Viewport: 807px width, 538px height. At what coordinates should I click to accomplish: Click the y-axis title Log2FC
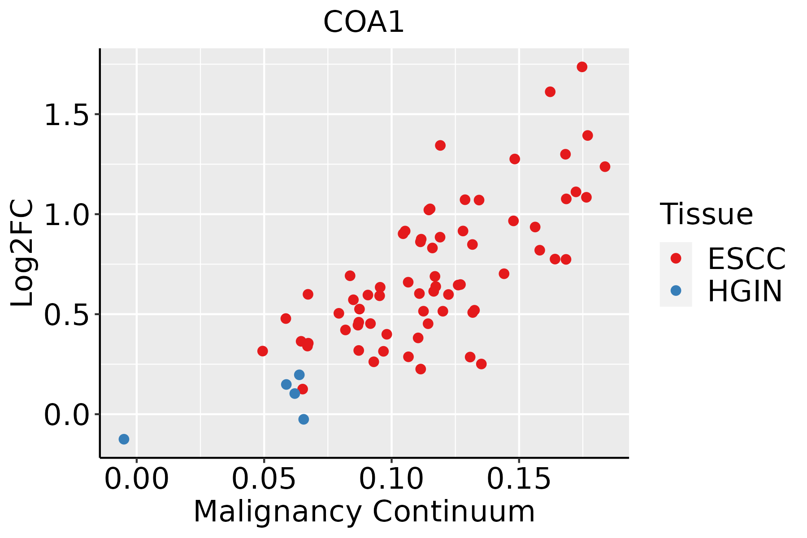(x=22, y=253)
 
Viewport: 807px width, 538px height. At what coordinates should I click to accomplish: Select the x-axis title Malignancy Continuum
(x=364, y=512)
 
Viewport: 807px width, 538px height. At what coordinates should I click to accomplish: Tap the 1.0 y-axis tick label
(x=66, y=215)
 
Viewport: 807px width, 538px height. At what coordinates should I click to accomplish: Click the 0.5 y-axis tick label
(x=66, y=315)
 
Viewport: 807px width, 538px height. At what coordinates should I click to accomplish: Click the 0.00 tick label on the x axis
(x=137, y=479)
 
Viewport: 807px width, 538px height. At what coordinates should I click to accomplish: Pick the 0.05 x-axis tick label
(x=264, y=479)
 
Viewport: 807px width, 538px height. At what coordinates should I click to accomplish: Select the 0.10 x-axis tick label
(x=391, y=479)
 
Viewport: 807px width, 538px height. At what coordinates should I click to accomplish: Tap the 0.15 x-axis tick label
(x=519, y=479)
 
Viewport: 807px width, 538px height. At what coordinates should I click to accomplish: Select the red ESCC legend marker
(x=676, y=258)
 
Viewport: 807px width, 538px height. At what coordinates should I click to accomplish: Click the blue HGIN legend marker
(x=676, y=291)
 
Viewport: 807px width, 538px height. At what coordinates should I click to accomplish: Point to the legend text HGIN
(x=745, y=291)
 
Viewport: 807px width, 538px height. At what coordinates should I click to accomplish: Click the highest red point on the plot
(x=582, y=67)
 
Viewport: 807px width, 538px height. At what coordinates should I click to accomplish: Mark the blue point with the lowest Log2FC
(x=124, y=439)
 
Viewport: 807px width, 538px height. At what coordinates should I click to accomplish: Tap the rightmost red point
(x=605, y=167)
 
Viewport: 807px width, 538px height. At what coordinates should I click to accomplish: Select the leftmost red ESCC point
(x=263, y=351)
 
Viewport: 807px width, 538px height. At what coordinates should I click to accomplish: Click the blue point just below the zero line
(x=304, y=419)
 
